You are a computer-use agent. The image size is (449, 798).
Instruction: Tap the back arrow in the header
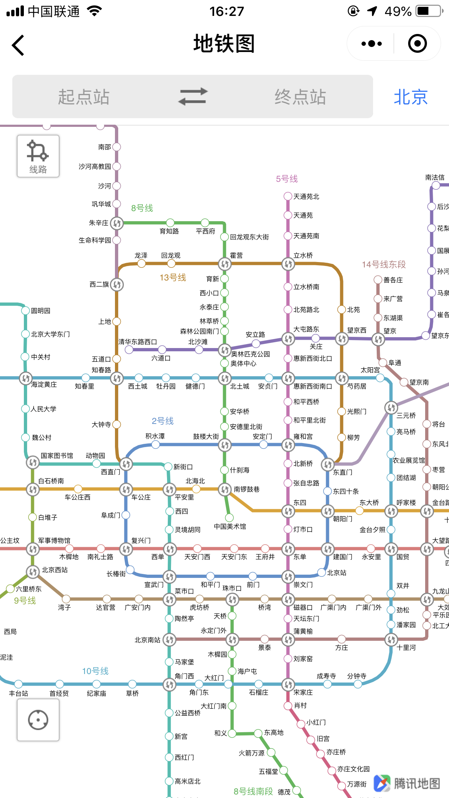coord(18,45)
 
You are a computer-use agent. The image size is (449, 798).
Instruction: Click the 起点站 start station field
coord(84,97)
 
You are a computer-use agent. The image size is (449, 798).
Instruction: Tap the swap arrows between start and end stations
coord(193,96)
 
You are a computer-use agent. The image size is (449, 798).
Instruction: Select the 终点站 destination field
coord(300,97)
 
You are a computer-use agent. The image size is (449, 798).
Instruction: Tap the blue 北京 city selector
coord(411,97)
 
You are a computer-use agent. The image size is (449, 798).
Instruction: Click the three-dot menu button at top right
coord(372,44)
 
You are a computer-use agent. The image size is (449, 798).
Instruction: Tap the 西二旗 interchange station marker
coord(117,284)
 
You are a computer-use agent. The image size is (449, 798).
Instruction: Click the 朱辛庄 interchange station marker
coord(117,223)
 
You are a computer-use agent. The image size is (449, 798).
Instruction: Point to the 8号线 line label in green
coord(142,208)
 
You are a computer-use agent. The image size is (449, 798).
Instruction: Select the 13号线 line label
coord(173,278)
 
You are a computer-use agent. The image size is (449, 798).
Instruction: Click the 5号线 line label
coord(287,179)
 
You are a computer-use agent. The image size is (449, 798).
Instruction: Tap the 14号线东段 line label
coord(384,265)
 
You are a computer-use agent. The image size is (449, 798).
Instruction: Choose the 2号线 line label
coord(163,421)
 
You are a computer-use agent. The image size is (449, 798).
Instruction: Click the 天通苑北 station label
coord(306,197)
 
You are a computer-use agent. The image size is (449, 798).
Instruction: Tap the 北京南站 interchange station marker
coord(169,640)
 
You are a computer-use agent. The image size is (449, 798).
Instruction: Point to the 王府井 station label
coord(265,557)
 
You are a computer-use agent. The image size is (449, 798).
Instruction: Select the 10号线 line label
coord(95,671)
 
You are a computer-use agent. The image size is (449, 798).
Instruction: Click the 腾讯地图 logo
coord(407,783)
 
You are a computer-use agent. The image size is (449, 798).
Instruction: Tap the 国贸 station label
coord(403,557)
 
